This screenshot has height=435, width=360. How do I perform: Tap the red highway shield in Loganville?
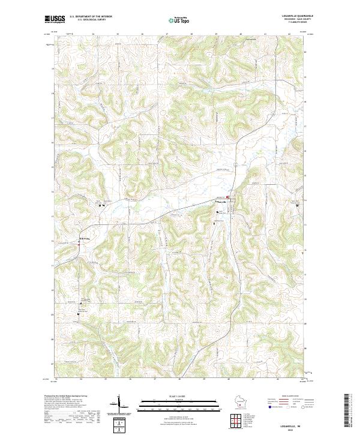click(x=227, y=196)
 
